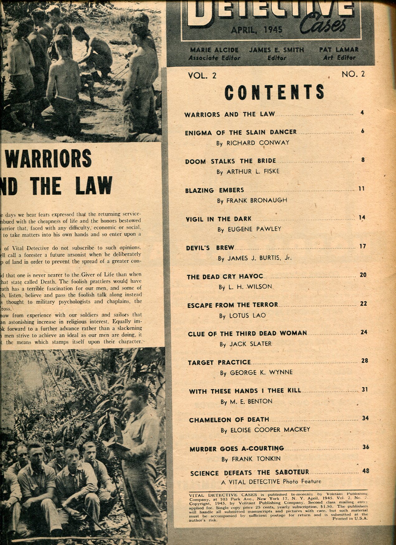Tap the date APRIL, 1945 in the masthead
[x=257, y=30]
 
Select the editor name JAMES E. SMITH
[x=276, y=50]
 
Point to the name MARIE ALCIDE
[x=214, y=50]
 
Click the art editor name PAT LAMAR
[x=339, y=49]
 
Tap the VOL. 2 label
[x=202, y=75]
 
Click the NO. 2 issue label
[x=353, y=74]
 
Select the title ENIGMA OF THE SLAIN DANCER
[x=241, y=132]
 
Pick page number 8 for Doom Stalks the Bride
[x=363, y=160]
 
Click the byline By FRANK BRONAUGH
[x=252, y=200]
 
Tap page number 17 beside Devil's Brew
[x=362, y=246]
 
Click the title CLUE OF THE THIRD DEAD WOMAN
[x=247, y=333]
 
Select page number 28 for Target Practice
[x=365, y=361]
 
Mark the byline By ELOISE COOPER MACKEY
[x=265, y=430]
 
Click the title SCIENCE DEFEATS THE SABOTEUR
[x=249, y=473]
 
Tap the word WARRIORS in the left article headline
[x=49, y=158]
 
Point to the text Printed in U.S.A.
[x=350, y=519]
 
